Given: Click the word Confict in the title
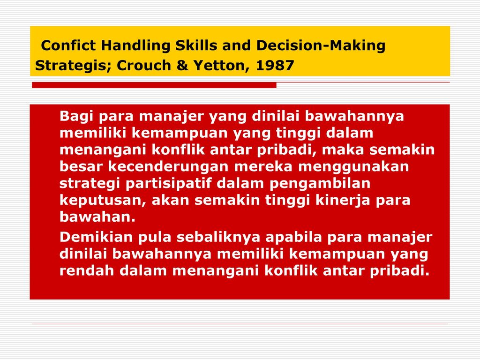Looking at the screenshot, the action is [68, 45].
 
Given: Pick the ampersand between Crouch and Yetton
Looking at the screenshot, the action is [182, 66].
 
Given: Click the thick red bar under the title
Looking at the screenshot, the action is [154, 85].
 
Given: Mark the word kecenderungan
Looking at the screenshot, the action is [168, 166].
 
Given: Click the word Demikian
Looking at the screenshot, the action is [96, 237].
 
